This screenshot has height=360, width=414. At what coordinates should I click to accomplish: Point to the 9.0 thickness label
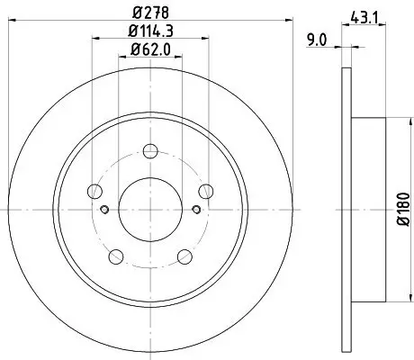318,39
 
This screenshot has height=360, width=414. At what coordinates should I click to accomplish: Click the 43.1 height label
364,15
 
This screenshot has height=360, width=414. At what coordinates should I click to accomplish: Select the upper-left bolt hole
95,190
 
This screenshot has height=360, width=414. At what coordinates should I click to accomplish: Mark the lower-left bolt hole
117,255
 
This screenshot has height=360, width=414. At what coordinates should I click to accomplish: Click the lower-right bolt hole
184,255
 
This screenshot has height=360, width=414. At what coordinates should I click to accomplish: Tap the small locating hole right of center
197,211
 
